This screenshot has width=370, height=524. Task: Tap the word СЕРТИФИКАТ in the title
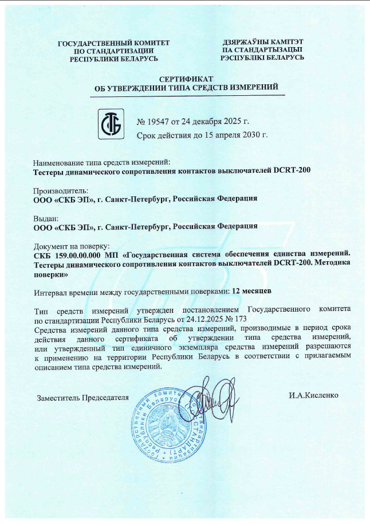point(186,78)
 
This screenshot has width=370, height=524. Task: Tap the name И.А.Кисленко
point(314,395)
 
